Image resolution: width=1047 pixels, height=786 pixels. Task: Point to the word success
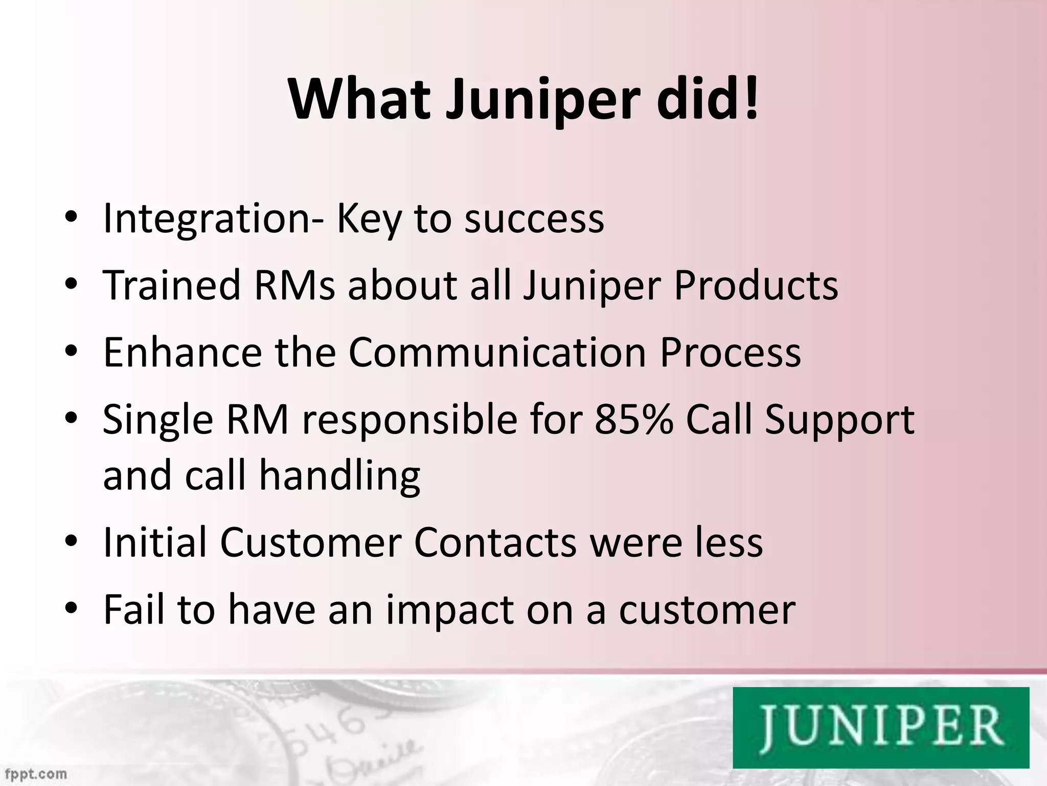coord(534,219)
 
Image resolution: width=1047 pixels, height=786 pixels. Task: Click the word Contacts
coord(495,542)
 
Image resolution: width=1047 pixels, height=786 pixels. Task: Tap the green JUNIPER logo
coord(880,727)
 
